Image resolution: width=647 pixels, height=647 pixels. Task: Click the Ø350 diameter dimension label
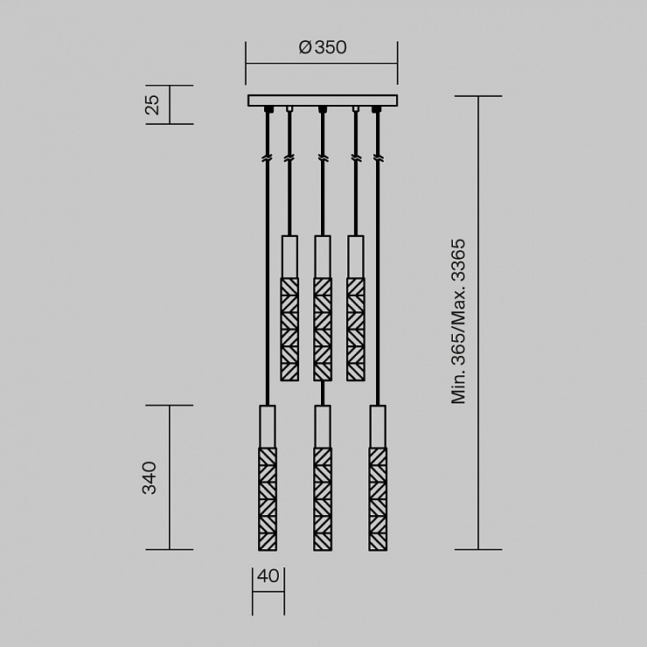click(x=323, y=47)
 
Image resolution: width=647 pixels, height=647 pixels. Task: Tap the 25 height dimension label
click(x=152, y=104)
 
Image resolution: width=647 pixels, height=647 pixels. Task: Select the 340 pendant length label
click(x=149, y=478)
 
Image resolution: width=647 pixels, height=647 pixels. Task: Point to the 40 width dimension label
click(x=268, y=575)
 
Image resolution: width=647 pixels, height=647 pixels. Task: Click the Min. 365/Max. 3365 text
click(x=458, y=321)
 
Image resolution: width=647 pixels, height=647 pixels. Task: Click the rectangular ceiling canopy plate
click(x=323, y=101)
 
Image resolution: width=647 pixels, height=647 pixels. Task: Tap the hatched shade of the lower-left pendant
click(x=268, y=499)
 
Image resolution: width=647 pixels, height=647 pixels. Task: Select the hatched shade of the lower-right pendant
click(x=378, y=499)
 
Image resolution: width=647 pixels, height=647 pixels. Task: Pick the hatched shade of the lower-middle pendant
click(x=323, y=499)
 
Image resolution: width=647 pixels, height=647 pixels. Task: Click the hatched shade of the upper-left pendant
click(x=289, y=330)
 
